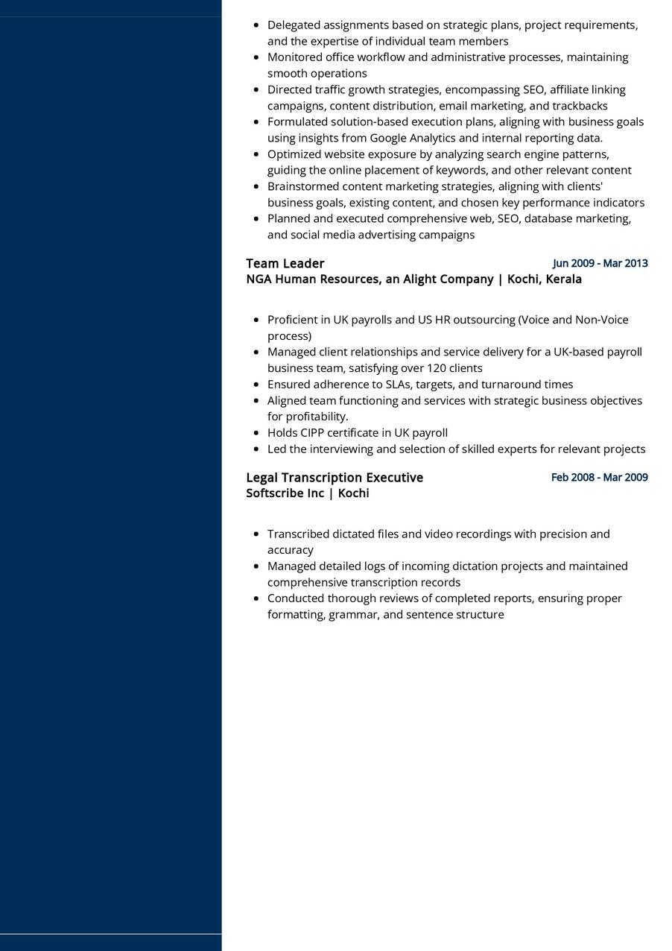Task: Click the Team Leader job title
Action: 285,263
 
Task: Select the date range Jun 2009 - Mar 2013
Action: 600,263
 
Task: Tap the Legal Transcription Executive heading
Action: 335,477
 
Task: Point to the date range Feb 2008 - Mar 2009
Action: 599,477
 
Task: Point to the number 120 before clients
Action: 436,368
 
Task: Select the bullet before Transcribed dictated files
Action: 256,534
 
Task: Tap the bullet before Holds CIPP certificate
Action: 256,433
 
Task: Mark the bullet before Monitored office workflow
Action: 256,57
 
